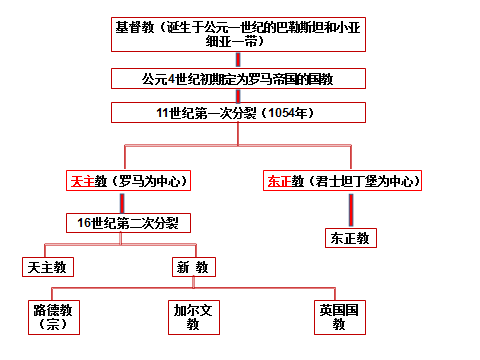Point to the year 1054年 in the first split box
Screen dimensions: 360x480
(290, 112)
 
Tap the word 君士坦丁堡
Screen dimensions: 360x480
(341, 182)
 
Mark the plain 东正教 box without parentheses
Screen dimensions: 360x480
(349, 238)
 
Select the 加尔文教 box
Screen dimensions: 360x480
(193, 317)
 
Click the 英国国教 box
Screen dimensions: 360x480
(338, 317)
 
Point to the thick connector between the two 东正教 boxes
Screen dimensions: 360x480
(349, 210)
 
